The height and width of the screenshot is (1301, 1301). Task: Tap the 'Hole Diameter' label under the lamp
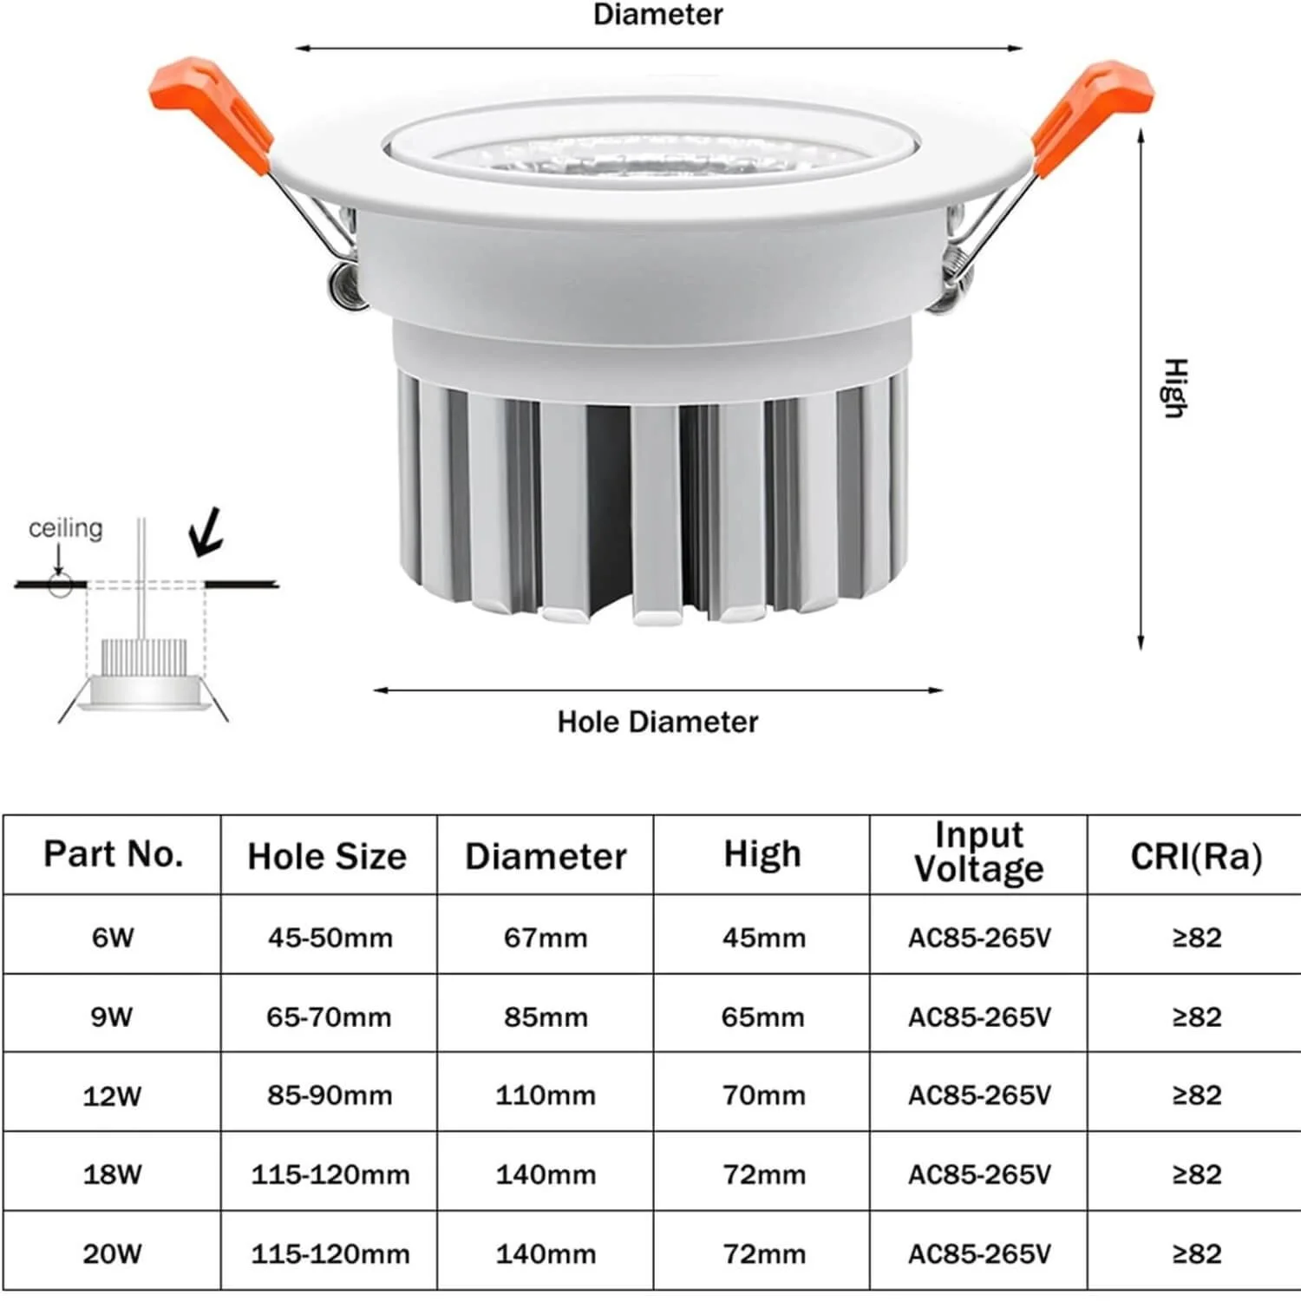coord(657,722)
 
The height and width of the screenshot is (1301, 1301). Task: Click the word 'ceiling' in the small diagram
coord(65,528)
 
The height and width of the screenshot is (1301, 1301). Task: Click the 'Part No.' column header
coord(114,854)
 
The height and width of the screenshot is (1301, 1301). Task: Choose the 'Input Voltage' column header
coord(979,852)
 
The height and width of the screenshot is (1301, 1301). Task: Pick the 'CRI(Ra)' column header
coord(1196,856)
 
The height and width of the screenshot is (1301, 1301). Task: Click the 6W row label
coord(113,938)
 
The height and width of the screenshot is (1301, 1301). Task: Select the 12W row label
coord(112,1096)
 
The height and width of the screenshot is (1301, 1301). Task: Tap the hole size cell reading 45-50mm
coord(330,938)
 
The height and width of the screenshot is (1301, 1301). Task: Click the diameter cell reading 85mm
coord(546,1017)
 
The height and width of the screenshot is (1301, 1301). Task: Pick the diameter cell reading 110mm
coord(546,1095)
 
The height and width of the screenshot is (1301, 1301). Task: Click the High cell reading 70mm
coord(763,1095)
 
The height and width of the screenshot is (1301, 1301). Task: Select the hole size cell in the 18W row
coord(330,1174)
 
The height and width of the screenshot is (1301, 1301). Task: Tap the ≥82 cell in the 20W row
coord(1197,1253)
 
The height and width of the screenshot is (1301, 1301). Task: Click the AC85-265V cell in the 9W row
coord(979,1017)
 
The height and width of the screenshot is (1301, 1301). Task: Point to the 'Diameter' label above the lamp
coord(657,15)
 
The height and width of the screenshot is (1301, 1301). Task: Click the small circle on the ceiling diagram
coord(60,585)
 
